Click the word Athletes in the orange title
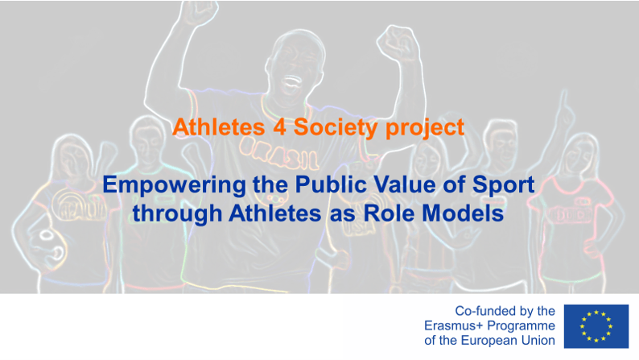219,126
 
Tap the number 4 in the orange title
279,126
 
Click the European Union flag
596,326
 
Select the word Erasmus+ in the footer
454,325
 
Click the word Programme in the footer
522,326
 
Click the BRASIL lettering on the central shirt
279,153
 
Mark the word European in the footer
489,341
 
